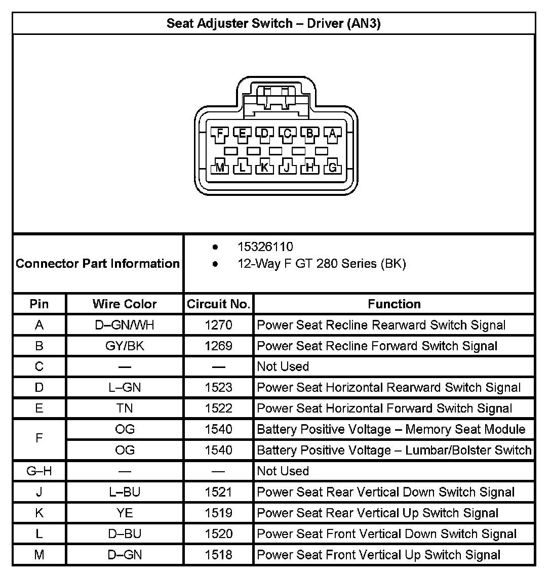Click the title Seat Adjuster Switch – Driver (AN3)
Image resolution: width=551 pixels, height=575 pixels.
(x=273, y=23)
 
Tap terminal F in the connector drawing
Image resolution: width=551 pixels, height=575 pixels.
(x=220, y=134)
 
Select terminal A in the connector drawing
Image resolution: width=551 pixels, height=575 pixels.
(x=332, y=134)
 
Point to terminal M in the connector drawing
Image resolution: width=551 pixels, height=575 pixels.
(x=220, y=168)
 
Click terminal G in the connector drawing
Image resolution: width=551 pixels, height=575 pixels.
(x=332, y=168)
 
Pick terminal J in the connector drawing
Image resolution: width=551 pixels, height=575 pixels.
(x=287, y=168)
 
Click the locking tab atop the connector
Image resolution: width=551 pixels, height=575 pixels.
(x=276, y=96)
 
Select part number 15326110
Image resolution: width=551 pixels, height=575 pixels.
(x=265, y=247)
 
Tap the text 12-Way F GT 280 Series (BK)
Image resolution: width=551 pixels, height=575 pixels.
(x=322, y=264)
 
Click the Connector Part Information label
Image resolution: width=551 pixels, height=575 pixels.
(x=98, y=264)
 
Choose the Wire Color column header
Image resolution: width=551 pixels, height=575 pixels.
(x=125, y=304)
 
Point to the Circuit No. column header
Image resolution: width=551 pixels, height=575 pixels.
(x=218, y=304)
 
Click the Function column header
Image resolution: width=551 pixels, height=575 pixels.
(x=394, y=304)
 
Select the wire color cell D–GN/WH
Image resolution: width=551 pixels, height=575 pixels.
(x=125, y=325)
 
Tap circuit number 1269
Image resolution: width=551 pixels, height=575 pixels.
(x=218, y=346)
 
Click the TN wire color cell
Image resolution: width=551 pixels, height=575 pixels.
(x=125, y=408)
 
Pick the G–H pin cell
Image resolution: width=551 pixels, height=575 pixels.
(x=39, y=471)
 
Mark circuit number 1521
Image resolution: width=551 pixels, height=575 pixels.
(x=218, y=492)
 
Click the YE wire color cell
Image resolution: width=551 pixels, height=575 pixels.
(x=125, y=513)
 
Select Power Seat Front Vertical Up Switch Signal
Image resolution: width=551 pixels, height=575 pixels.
(x=379, y=555)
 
